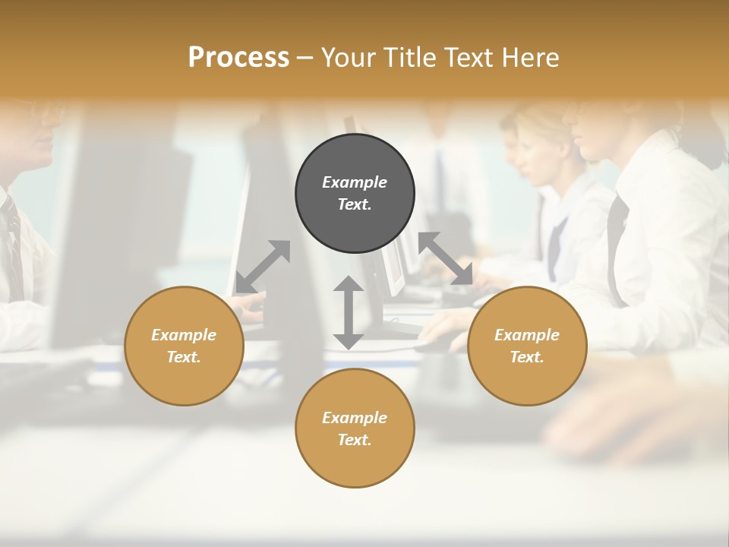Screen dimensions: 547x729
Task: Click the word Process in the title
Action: pos(238,58)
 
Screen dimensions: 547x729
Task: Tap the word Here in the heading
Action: pos(531,58)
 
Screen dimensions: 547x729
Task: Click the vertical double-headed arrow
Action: pos(349,312)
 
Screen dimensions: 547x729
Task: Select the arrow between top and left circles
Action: pos(263,267)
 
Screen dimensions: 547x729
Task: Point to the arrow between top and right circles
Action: pos(446,258)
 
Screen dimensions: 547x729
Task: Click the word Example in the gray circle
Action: pos(355,182)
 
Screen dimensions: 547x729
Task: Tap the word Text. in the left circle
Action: pos(184,357)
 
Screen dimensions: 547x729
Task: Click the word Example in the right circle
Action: pos(527,335)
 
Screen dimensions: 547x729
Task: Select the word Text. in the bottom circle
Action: pos(355,440)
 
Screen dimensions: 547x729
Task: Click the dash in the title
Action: pos(305,58)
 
